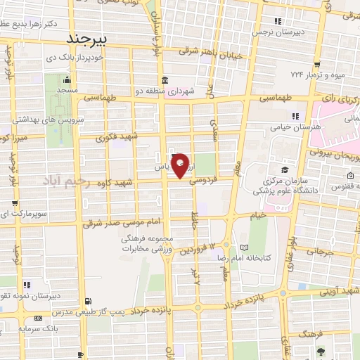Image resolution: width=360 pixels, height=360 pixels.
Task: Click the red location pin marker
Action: point(181,165)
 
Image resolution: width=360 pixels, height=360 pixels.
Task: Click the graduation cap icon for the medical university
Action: point(284,170)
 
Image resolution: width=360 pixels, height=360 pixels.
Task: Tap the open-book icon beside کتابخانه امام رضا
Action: point(244,248)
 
